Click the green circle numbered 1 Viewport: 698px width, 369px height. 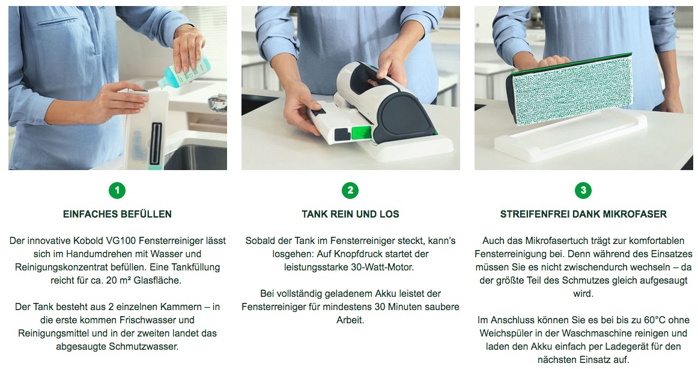[117, 191]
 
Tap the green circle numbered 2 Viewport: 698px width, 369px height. [350, 191]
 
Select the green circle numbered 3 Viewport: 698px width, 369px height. [583, 191]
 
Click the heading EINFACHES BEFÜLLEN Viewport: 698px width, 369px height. [117, 214]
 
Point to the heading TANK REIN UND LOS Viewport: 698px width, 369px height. [350, 214]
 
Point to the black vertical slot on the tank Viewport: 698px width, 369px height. [156, 143]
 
